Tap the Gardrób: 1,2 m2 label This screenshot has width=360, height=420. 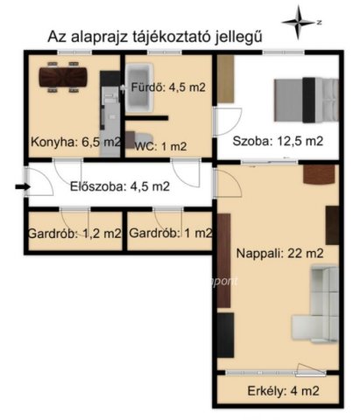[x=75, y=234]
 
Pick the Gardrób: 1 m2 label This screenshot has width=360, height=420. [x=170, y=234]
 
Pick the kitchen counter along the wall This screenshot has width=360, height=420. [x=109, y=114]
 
